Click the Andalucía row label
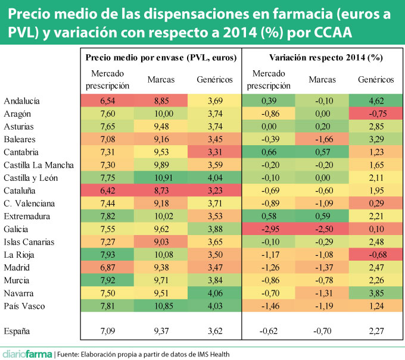coord(22,101)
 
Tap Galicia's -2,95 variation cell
coord(268,229)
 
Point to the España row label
coord(18,330)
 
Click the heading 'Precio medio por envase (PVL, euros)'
coord(161,58)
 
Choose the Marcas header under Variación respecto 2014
coord(322,79)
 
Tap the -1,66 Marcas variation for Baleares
coord(322,139)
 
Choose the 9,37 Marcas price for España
coord(161,330)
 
